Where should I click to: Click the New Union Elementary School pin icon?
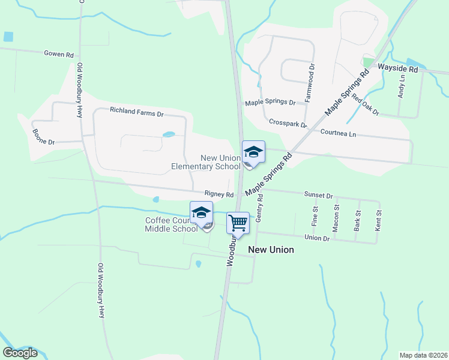[253, 152]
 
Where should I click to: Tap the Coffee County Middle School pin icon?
[201, 212]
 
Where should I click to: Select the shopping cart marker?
[238, 223]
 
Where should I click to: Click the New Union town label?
[271, 250]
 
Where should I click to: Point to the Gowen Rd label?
[58, 53]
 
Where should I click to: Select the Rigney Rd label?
[218, 194]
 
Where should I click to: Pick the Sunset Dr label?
[318, 196]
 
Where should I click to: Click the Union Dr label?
[318, 238]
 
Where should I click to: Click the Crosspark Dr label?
[288, 123]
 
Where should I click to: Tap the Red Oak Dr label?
[366, 104]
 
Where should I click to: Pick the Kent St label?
[378, 221]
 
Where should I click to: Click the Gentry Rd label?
[260, 208]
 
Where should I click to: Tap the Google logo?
[20, 353]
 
